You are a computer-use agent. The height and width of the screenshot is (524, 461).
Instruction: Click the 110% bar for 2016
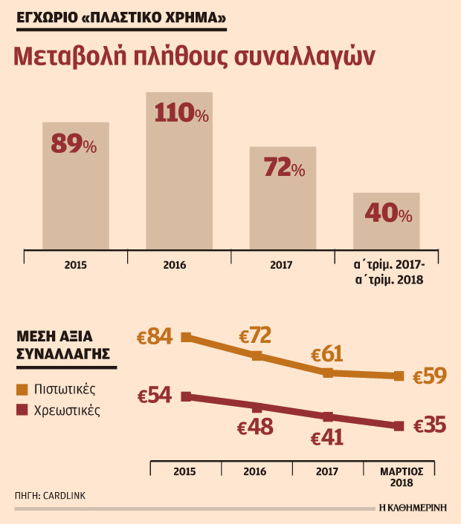[179, 171]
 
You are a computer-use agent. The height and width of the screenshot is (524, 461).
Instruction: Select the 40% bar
[387, 221]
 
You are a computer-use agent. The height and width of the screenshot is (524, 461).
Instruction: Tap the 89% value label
[74, 144]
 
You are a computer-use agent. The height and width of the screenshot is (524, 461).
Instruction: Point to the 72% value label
[284, 167]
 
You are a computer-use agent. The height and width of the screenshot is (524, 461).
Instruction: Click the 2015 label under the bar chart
[75, 265]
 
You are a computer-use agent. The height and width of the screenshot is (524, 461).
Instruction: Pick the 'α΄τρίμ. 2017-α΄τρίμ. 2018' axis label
[389, 272]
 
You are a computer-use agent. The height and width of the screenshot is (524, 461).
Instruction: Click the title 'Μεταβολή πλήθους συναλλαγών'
[194, 56]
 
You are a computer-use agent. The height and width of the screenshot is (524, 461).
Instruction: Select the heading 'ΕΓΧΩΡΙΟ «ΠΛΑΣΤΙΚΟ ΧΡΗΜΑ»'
[121, 17]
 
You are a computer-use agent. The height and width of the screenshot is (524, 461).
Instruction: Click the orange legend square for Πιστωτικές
[22, 390]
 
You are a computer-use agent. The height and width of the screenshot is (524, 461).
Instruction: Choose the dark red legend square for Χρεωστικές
[22, 410]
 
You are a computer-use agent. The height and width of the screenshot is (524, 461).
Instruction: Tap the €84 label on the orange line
[155, 336]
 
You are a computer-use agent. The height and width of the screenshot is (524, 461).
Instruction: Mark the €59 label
[430, 376]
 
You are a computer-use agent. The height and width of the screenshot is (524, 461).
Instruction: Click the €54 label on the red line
[155, 395]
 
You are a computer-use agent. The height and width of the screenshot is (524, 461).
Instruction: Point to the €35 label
[430, 425]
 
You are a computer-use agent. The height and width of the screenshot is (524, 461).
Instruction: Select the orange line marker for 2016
[257, 356]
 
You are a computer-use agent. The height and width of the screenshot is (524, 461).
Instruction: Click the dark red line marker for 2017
[328, 416]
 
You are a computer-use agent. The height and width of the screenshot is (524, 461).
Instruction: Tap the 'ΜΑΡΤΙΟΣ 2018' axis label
[402, 477]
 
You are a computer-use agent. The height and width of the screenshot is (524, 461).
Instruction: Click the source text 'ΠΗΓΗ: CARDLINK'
[51, 496]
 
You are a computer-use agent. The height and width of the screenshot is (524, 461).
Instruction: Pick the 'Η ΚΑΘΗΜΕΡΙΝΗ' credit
[413, 508]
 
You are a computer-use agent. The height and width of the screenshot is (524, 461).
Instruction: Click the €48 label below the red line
[255, 427]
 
